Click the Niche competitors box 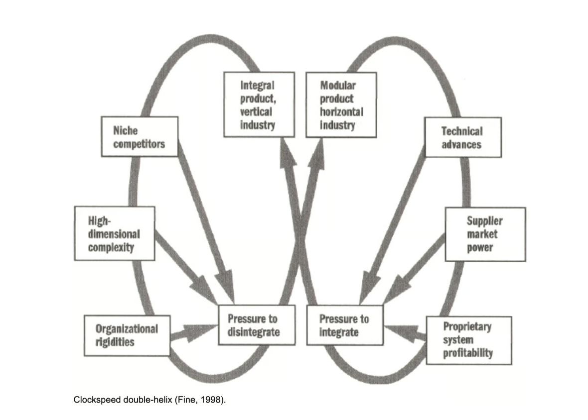click(x=139, y=137)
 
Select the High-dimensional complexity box click(x=114, y=233)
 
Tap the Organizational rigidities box click(x=127, y=335)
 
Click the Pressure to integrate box click(x=345, y=324)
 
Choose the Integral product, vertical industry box click(x=259, y=105)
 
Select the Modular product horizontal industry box click(x=341, y=105)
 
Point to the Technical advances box click(x=462, y=137)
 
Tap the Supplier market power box click(x=484, y=234)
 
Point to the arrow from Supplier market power click(x=416, y=269)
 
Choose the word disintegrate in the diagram click(x=254, y=331)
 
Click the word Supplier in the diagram click(x=484, y=221)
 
